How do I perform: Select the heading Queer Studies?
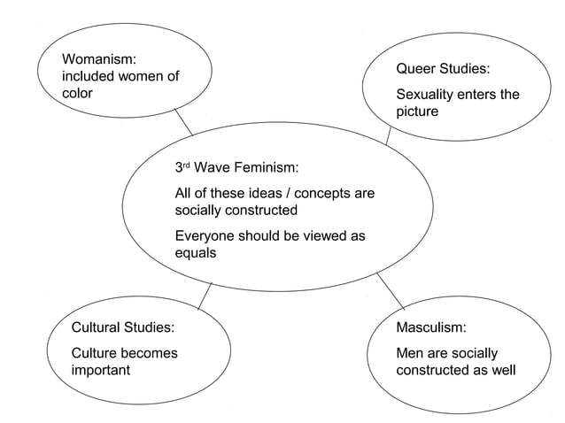click(x=442, y=68)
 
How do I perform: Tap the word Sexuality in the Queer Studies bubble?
click(x=426, y=95)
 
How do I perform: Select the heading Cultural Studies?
click(x=122, y=327)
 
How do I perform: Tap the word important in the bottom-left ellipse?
click(x=100, y=370)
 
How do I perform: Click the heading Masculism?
click(x=430, y=327)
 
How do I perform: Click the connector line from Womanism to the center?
click(x=183, y=122)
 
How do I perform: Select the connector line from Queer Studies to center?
click(x=389, y=135)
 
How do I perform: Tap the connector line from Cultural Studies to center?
click(x=205, y=296)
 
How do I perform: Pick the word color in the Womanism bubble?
click(x=77, y=93)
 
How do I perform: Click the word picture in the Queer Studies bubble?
click(x=416, y=112)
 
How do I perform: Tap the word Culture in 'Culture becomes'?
click(x=97, y=353)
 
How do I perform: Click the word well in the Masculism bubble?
click(x=500, y=370)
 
